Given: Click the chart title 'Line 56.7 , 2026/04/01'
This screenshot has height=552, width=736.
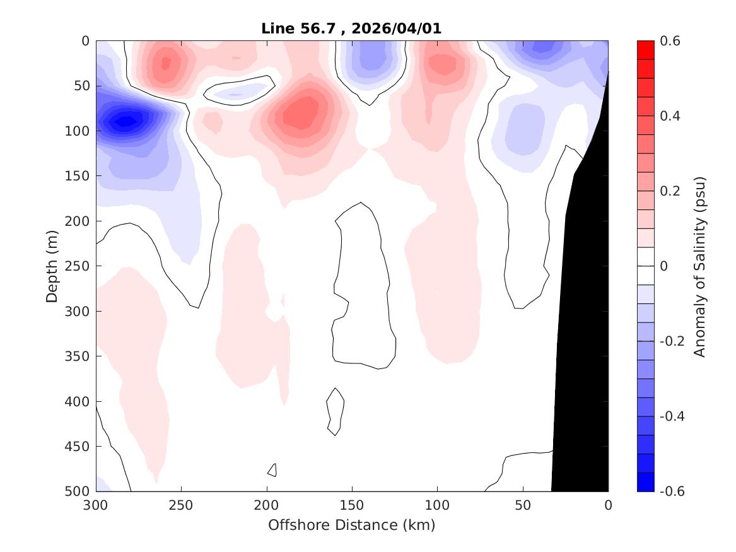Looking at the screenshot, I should pyautogui.click(x=351, y=29).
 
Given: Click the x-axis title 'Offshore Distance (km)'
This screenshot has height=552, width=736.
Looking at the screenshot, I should pyautogui.click(x=351, y=525).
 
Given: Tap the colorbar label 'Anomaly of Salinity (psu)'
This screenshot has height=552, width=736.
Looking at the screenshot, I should pyautogui.click(x=699, y=266).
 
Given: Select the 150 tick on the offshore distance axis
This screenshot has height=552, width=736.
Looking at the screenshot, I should pyautogui.click(x=351, y=505).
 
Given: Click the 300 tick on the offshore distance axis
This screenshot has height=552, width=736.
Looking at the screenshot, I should pyautogui.click(x=96, y=505).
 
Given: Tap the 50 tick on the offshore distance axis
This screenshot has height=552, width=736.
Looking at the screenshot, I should pyautogui.click(x=522, y=505).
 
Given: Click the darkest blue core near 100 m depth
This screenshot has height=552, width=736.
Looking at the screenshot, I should pyautogui.click(x=127, y=120).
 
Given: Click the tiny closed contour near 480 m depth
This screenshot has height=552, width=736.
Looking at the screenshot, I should pyautogui.click(x=272, y=470).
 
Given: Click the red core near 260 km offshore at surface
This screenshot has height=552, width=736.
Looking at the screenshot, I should pyautogui.click(x=166, y=63).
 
